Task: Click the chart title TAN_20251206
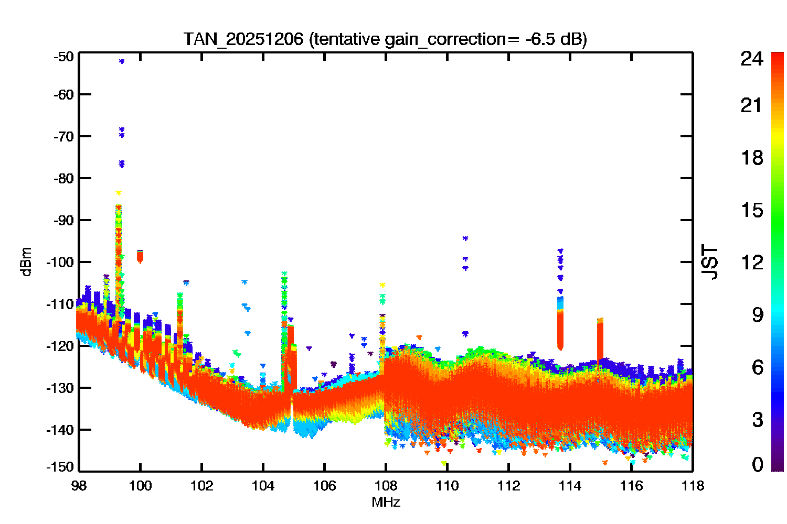[243, 39]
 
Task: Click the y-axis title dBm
[26, 262]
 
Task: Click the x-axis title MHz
[386, 502]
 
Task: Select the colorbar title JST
[709, 262]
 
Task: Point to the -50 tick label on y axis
[63, 57]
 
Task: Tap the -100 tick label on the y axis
[60, 262]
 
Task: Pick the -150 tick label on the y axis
[60, 467]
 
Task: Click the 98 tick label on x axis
[79, 486]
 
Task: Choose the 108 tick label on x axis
[386, 486]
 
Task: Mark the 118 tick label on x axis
[693, 486]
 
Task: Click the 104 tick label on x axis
[263, 486]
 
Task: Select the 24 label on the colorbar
[751, 59]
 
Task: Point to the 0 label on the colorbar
[758, 464]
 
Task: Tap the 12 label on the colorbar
[752, 262]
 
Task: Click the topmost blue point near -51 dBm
[122, 61]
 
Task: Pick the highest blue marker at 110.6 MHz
[465, 238]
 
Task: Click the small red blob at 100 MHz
[140, 257]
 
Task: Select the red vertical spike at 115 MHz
[600, 340]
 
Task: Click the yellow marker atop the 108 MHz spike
[382, 285]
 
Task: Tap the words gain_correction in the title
[445, 39]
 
